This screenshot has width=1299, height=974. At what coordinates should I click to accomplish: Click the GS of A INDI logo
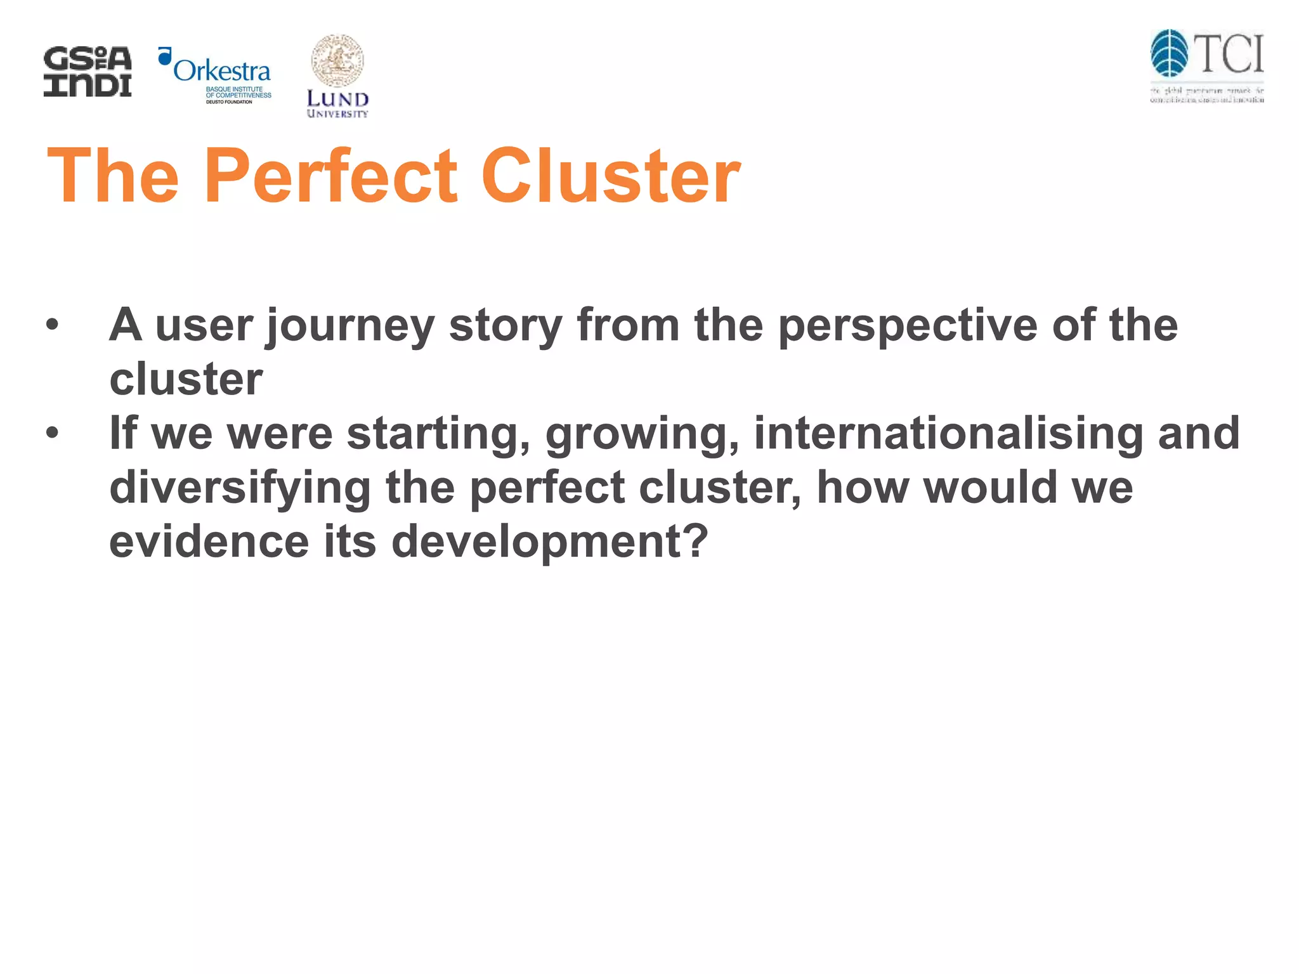point(88,72)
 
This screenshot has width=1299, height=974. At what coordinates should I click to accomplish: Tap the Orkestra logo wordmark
point(221,70)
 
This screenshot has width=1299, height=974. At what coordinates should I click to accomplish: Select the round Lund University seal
point(337,61)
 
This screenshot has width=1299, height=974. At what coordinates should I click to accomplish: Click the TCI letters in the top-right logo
point(1229,55)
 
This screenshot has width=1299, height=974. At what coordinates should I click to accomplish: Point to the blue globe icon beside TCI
point(1169,53)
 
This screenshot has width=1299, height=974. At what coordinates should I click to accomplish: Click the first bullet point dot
point(52,326)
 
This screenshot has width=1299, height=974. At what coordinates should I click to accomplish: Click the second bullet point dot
point(52,434)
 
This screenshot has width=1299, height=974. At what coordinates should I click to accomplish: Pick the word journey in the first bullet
point(350,326)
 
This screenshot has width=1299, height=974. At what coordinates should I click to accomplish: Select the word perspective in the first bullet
point(908,326)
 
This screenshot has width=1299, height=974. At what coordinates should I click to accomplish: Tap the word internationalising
point(948,434)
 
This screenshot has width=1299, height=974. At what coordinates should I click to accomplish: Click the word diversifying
point(240,488)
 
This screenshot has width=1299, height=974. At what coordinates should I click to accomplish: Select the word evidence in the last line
point(209,542)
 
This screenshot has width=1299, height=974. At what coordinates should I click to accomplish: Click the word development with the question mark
point(549,543)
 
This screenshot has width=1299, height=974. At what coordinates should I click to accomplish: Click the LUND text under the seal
point(337,99)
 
